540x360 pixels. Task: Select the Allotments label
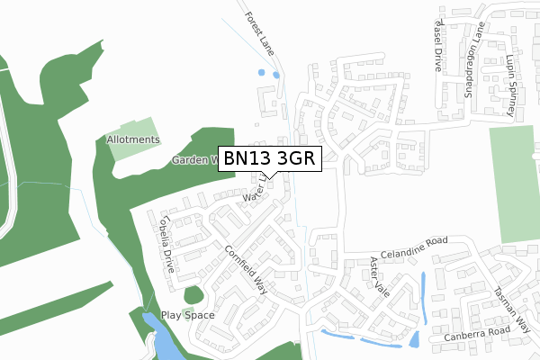point(133,140)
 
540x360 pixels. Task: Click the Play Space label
point(187,315)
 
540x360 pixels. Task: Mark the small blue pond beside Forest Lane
point(262,73)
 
